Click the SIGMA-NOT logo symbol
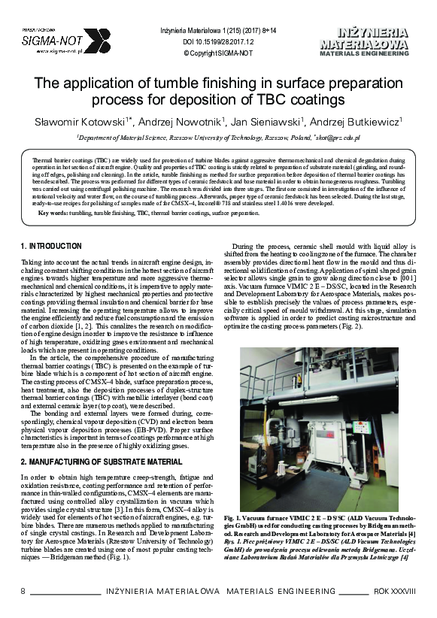[x=96, y=41]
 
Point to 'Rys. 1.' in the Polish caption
[x=234, y=541]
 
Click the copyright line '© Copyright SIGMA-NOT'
[x=218, y=54]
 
